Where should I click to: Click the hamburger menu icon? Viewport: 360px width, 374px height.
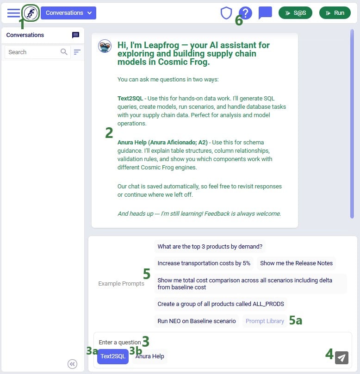(x=13, y=13)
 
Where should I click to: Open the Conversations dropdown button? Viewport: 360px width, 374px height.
(x=68, y=13)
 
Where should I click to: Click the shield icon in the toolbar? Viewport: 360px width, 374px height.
(x=226, y=13)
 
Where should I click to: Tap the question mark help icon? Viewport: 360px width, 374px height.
(x=246, y=13)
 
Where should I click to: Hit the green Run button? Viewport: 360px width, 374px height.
(x=335, y=13)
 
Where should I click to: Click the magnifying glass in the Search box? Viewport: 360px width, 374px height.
(x=64, y=52)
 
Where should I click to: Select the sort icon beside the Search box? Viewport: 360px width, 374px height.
(x=77, y=52)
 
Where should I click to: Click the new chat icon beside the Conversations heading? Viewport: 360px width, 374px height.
(x=75, y=35)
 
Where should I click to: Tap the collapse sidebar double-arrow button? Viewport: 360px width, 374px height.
(x=72, y=364)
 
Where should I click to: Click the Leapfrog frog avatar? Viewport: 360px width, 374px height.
(x=105, y=46)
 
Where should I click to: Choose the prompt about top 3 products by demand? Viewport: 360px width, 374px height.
(x=210, y=246)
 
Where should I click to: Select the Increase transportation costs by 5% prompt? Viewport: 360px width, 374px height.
(x=204, y=263)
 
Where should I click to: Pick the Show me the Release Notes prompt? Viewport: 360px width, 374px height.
(x=296, y=263)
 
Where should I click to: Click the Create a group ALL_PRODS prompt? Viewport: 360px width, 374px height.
(x=221, y=304)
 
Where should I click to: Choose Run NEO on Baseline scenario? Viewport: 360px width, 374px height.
(x=197, y=321)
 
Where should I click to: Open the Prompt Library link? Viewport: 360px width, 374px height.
(x=265, y=321)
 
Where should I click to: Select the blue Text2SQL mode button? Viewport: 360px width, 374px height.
(x=113, y=356)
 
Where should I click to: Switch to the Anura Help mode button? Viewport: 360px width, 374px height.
(x=150, y=356)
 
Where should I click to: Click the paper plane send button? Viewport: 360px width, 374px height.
(x=341, y=357)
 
